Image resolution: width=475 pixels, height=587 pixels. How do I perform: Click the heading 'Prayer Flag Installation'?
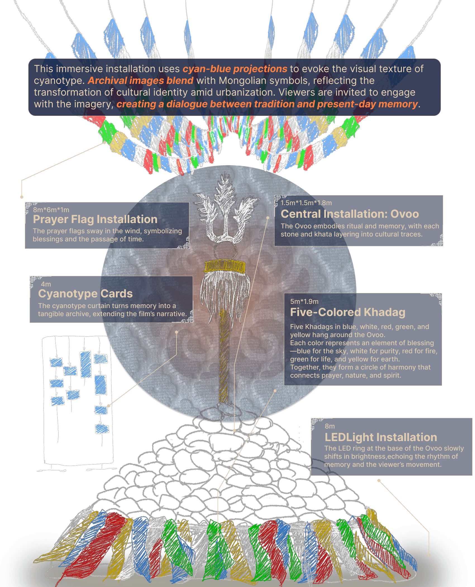click(95, 219)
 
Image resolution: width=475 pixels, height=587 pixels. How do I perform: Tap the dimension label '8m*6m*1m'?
click(51, 210)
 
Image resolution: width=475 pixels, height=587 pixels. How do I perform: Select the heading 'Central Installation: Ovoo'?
click(350, 214)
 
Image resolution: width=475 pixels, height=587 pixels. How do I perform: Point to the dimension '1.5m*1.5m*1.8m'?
click(306, 203)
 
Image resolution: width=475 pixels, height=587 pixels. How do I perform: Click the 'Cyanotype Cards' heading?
click(85, 294)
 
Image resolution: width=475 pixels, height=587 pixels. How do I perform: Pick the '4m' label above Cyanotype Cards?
click(46, 284)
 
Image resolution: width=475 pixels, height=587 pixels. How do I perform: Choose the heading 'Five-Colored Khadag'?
click(347, 312)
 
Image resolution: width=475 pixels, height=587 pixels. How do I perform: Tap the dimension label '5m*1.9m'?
click(304, 302)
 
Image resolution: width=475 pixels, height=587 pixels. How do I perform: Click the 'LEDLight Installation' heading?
click(381, 437)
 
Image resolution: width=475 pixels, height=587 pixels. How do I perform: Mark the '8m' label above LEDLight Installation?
click(330, 426)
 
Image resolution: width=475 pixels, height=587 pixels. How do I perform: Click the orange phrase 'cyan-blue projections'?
click(235, 69)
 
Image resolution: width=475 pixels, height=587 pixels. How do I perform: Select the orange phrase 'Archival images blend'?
click(140, 81)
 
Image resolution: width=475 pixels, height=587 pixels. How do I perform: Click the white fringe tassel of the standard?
click(225, 293)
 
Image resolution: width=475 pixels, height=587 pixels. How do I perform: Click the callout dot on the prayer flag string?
click(105, 142)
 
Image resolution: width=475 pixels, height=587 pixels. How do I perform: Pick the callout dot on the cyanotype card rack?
click(109, 406)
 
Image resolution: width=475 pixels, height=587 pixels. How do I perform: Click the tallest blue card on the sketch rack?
click(85, 364)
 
